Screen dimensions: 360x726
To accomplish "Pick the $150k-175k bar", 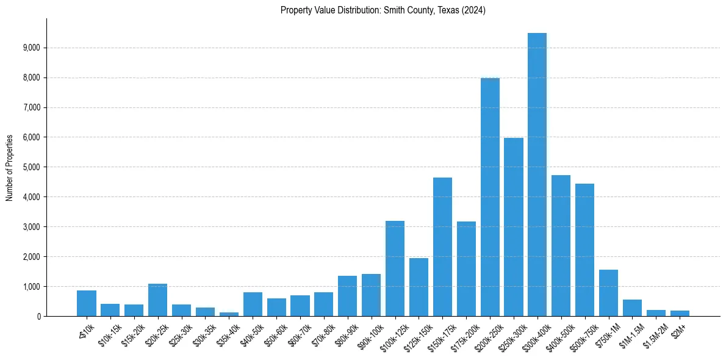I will coord(442,247).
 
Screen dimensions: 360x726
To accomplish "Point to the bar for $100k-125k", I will coord(395,268).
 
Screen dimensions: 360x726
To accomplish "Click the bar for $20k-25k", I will coord(157,300).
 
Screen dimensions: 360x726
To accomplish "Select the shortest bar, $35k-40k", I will coord(229,314).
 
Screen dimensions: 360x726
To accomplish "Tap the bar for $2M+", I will coord(680,314).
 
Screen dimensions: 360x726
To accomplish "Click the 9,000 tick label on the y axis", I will coord(31,48).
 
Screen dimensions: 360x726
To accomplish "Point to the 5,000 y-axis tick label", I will coord(31,167).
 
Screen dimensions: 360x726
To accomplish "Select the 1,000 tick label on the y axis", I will coord(31,287).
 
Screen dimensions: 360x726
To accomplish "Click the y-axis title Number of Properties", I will coord(10,167).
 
